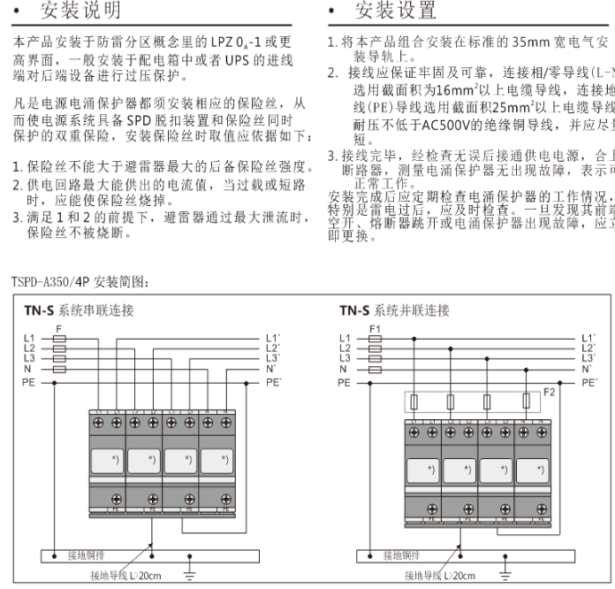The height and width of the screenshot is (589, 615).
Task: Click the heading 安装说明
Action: pyautogui.click(x=81, y=11)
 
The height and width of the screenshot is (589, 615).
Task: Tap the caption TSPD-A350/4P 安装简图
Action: pyautogui.click(x=80, y=282)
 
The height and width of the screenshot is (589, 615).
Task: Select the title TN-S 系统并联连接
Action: pyautogui.click(x=394, y=310)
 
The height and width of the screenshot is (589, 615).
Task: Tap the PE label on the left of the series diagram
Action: pyautogui.click(x=27, y=383)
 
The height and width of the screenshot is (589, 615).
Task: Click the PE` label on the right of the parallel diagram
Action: pyautogui.click(x=589, y=383)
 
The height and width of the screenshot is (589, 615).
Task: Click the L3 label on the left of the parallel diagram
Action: pyautogui.click(x=345, y=358)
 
